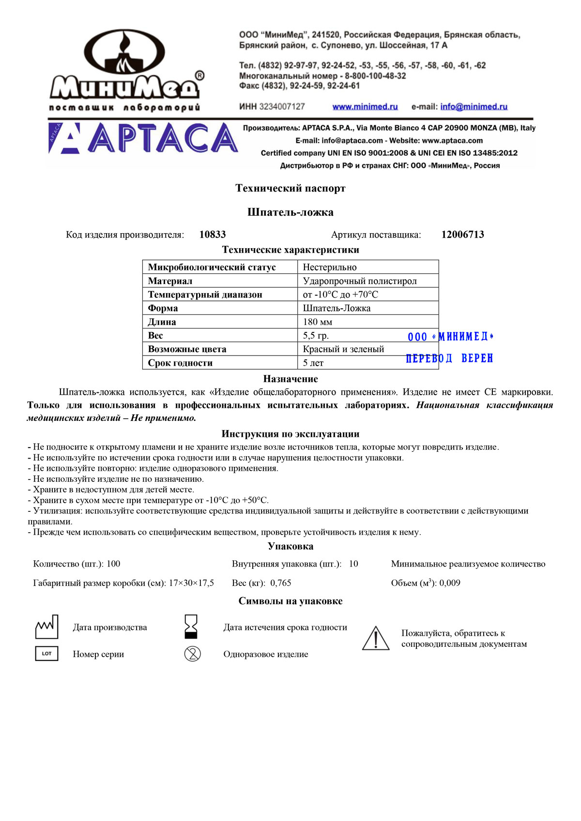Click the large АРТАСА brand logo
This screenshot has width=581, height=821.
tap(143, 138)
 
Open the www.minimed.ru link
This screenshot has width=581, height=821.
tap(365, 107)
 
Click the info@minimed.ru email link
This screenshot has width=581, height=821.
tap(474, 107)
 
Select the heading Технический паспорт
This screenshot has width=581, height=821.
tap(290, 188)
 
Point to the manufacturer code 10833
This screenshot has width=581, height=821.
tap(213, 235)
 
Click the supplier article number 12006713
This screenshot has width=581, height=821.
tap(462, 235)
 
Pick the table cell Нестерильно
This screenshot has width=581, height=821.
tap(330, 267)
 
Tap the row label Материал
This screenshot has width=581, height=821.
tap(170, 281)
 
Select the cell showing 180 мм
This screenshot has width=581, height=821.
tap(318, 322)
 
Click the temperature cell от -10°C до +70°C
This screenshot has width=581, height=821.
tap(340, 295)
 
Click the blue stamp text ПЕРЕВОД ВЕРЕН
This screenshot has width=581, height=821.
tap(449, 358)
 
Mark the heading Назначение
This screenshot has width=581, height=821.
tap(290, 379)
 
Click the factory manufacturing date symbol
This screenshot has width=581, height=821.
tap(47, 627)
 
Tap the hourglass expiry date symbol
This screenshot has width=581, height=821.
tap(191, 627)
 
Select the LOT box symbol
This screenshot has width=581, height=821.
tap(46, 654)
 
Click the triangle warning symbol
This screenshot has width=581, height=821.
tap(376, 638)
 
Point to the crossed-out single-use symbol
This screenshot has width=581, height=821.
tap(192, 654)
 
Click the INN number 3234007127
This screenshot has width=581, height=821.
tap(282, 107)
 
